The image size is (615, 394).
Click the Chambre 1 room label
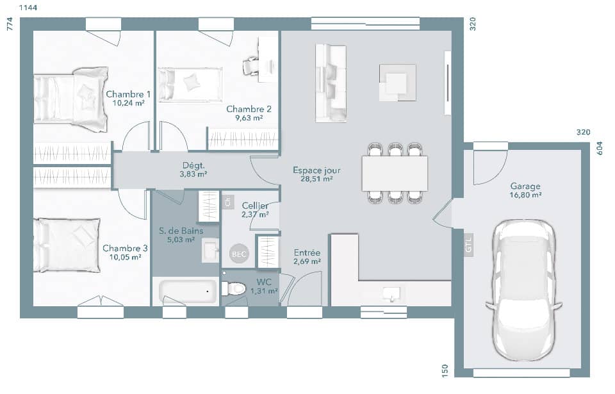(127, 94)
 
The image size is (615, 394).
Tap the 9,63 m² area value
(249, 118)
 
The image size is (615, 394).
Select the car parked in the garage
(523, 290)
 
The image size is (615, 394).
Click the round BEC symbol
(238, 254)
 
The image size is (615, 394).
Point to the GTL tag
(468, 245)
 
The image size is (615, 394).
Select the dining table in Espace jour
(395, 173)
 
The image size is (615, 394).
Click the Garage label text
(525, 186)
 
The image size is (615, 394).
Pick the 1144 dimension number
(27, 8)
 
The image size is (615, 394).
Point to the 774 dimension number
(10, 24)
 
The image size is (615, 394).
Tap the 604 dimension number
(600, 148)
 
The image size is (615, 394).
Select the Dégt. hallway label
(193, 165)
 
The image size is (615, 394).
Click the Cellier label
(255, 206)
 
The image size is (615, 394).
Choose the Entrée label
(307, 252)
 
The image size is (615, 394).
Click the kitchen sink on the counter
(391, 293)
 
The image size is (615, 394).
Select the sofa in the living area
(331, 83)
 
